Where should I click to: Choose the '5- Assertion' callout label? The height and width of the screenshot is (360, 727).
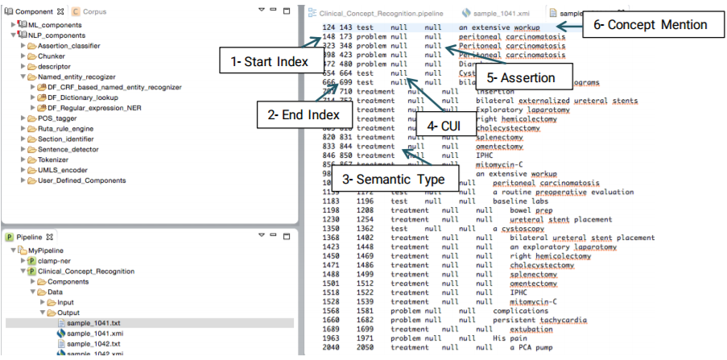tap(522, 77)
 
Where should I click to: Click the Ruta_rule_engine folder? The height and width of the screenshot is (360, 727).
tap(68, 127)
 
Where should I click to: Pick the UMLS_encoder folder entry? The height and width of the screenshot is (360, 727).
tap(62, 169)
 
